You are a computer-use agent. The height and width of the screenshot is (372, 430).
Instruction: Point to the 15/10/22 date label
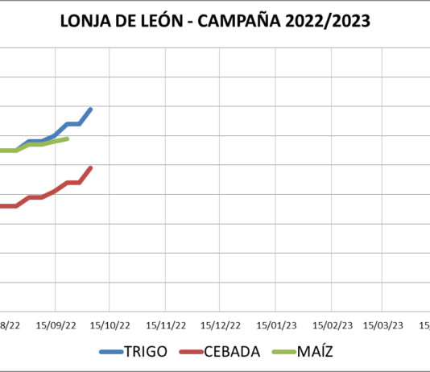[x=110, y=325]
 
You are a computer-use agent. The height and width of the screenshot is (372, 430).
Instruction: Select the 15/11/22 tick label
[x=165, y=325]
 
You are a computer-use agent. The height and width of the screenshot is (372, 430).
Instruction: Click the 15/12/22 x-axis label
[x=220, y=325]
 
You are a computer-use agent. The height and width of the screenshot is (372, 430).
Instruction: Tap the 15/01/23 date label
[x=276, y=325]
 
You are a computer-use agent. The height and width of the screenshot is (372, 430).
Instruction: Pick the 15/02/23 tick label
[x=332, y=325]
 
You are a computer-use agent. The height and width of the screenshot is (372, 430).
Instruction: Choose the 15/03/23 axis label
[x=383, y=325]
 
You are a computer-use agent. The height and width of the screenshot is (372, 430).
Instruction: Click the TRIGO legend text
[x=146, y=352]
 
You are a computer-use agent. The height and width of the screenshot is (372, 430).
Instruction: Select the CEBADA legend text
[x=233, y=352]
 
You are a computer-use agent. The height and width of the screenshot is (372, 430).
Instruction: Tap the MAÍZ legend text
[x=316, y=352]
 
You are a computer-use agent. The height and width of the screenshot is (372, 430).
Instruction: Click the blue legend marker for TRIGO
[x=110, y=352]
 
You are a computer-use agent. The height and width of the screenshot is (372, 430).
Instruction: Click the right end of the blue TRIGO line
[x=91, y=109]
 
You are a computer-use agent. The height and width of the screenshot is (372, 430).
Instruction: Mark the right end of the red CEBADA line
[x=91, y=167]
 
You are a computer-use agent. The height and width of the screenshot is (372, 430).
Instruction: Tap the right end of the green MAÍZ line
[x=68, y=138]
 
